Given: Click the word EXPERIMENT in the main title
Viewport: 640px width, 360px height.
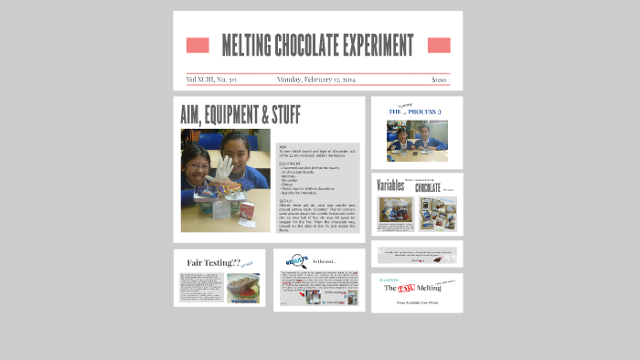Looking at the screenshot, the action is [x=376, y=46].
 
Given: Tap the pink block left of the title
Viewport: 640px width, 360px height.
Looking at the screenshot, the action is [x=197, y=46].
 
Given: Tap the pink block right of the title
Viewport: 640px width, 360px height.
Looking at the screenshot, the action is [x=439, y=46].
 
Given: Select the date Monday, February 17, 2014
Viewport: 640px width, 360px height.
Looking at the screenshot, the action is [x=316, y=79].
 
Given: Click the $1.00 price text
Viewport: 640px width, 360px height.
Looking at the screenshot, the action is [x=439, y=79].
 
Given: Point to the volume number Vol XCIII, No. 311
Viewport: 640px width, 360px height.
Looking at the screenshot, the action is [x=211, y=79].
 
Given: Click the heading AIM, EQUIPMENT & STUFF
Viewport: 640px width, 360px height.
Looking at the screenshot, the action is [x=240, y=115].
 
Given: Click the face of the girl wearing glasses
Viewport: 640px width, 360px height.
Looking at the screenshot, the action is [x=198, y=163].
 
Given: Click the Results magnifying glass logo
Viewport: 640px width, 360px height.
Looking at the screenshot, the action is [x=296, y=260].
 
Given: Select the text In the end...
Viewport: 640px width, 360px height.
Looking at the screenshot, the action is [x=324, y=262].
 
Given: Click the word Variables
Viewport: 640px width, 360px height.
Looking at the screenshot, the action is [x=390, y=185].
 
